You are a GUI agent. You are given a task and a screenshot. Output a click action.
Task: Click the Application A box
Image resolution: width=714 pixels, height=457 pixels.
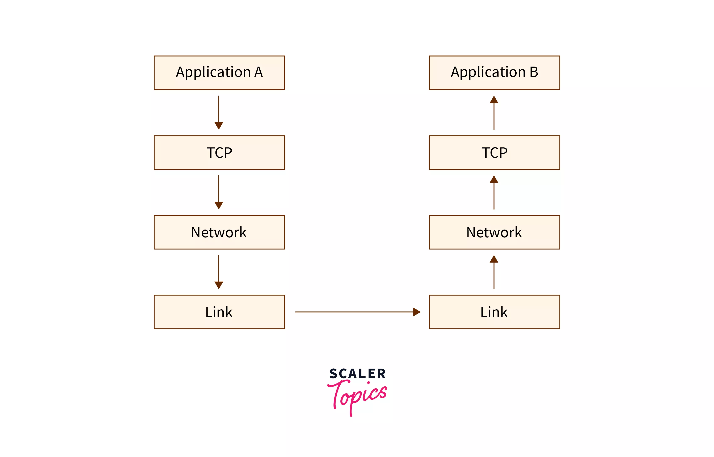click(x=219, y=73)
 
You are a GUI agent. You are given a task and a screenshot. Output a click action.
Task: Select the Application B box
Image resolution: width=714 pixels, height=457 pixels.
click(x=494, y=73)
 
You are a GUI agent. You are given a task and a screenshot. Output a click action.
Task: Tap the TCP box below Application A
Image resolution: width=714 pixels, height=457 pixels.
click(x=219, y=152)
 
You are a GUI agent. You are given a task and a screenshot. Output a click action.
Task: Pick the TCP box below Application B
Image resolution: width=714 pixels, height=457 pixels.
click(x=494, y=152)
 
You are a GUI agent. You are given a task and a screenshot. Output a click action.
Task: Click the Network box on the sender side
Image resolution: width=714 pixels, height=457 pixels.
click(x=219, y=232)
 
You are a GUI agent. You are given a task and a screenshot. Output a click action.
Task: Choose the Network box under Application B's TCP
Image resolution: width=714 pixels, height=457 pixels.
click(x=494, y=232)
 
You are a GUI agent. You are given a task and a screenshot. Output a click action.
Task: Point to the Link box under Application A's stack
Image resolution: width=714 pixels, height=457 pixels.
click(x=219, y=312)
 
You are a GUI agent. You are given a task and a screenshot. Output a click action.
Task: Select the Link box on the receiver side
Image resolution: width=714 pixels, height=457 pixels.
click(x=494, y=312)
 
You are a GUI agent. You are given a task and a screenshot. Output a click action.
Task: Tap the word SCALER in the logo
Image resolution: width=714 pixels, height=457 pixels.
click(x=357, y=374)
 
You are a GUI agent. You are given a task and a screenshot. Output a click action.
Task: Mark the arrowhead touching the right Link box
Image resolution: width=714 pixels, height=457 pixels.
click(x=417, y=312)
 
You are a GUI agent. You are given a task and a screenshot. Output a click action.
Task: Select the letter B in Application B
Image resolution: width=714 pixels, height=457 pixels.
click(x=534, y=72)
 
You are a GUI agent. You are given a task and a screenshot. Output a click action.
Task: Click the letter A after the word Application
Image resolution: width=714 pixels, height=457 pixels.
click(x=258, y=72)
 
